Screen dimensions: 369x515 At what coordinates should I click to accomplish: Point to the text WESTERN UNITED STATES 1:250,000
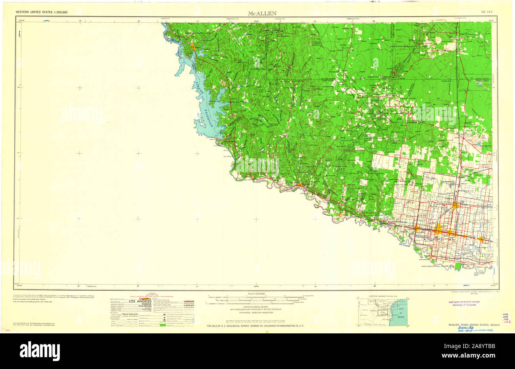coord(42,13)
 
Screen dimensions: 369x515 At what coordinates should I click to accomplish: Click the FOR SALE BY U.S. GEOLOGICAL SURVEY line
coord(256,326)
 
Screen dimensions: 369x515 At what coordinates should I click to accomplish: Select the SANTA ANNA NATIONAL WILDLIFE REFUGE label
coord(441,266)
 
